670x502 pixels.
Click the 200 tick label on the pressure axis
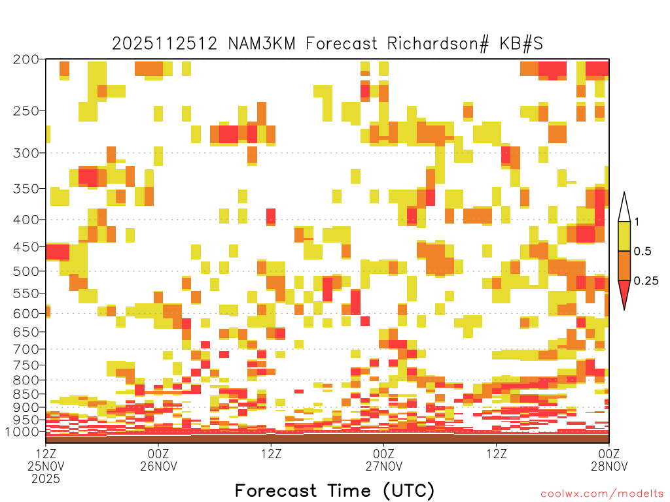point(26,59)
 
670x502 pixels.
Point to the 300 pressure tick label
point(26,153)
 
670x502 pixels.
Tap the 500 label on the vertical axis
point(26,271)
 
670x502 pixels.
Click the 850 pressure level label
point(26,394)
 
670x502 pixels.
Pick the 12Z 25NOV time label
point(46,460)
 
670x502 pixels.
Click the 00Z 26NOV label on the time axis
point(158,460)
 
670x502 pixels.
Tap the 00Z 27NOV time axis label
point(383,460)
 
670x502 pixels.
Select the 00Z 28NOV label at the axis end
point(609,460)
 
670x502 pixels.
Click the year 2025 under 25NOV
point(46,479)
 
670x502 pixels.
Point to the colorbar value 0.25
point(646,280)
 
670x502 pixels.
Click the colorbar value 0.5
point(643,251)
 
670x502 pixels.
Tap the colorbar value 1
point(637,222)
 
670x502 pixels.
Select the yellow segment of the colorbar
point(624,236)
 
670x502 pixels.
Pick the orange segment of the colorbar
point(624,265)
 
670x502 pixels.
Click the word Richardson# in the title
point(438,44)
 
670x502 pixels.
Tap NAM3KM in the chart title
point(262,44)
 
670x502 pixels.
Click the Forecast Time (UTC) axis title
point(334,490)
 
